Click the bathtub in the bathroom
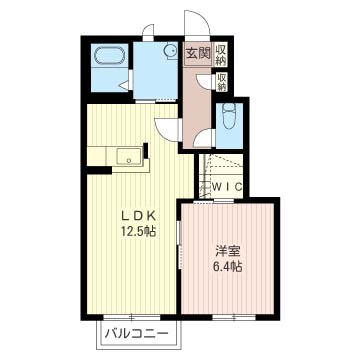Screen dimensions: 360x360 (110, 55)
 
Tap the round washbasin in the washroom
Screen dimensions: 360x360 (171, 51)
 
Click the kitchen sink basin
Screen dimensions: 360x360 (129, 156)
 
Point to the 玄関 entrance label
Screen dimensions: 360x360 (198, 53)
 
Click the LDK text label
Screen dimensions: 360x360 (138, 216)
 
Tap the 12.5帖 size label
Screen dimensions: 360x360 (138, 231)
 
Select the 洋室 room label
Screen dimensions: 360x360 (228, 251)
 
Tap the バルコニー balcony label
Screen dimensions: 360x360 (136, 333)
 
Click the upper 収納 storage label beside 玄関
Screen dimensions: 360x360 (220, 55)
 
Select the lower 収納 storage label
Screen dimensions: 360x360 (221, 82)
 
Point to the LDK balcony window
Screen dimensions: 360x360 (132, 317)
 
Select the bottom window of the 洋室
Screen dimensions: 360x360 (234, 317)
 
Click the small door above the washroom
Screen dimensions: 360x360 (147, 30)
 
